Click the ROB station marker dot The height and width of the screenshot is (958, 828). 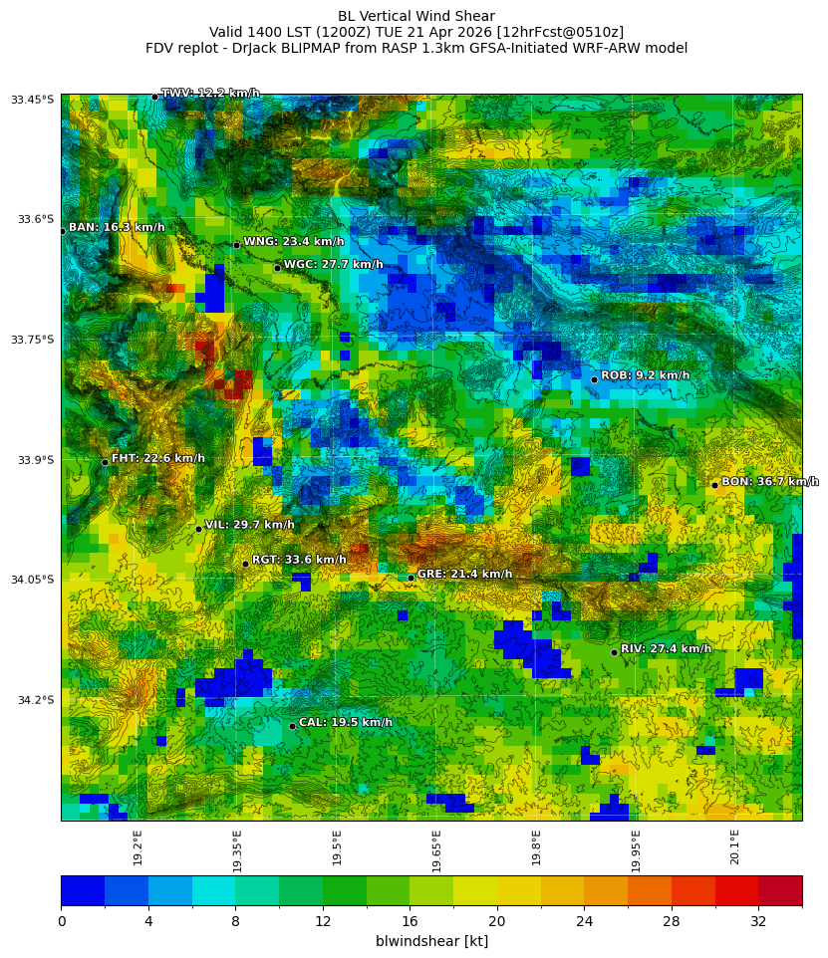(x=594, y=379)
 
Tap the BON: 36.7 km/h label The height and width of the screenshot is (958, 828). (x=769, y=482)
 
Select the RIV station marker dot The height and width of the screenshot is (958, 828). (x=614, y=652)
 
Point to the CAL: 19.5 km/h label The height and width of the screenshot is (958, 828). (x=345, y=723)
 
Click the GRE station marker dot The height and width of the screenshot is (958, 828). (x=411, y=578)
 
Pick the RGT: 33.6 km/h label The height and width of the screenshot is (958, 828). (x=299, y=560)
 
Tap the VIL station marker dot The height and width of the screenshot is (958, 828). (x=198, y=529)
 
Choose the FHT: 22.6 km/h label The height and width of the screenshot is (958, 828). (x=157, y=459)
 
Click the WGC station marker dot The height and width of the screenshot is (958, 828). (x=277, y=268)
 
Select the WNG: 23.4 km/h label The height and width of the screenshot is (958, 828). (x=293, y=242)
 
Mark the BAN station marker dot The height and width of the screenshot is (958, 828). (x=62, y=231)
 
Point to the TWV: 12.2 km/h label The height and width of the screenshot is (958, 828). (x=210, y=94)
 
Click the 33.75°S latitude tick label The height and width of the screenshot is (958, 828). (x=33, y=340)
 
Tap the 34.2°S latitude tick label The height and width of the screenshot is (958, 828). (x=36, y=700)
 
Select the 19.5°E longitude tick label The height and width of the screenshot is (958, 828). (x=337, y=847)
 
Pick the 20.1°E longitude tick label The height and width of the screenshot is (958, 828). (x=734, y=847)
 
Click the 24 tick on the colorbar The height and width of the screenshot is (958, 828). (x=584, y=921)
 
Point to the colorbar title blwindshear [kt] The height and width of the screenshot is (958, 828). (x=431, y=941)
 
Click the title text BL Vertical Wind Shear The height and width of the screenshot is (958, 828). (x=415, y=16)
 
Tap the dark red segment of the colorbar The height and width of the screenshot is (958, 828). (x=780, y=890)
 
